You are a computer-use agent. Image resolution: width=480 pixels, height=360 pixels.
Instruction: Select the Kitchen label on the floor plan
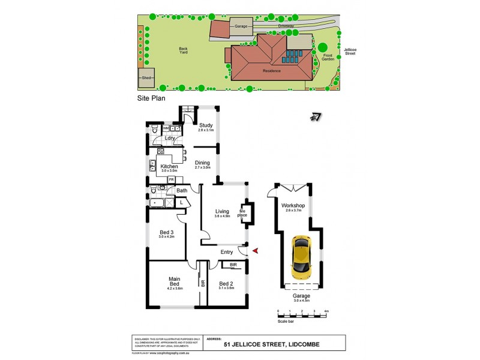169,166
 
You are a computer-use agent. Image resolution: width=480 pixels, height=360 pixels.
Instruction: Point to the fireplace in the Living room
246,213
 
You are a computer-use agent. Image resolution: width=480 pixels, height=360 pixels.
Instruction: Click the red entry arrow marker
256,251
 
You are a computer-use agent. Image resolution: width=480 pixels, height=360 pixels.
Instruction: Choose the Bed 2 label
226,284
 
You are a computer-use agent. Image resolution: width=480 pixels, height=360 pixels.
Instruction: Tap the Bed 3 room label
166,233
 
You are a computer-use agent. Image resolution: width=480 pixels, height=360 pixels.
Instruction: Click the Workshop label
293,206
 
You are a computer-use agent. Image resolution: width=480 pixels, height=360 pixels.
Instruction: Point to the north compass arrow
315,118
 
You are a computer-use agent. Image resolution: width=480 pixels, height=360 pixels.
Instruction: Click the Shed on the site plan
146,77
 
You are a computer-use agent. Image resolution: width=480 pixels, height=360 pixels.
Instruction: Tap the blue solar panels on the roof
292,57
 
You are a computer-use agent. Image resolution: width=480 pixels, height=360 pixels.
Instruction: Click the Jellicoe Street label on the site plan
350,51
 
